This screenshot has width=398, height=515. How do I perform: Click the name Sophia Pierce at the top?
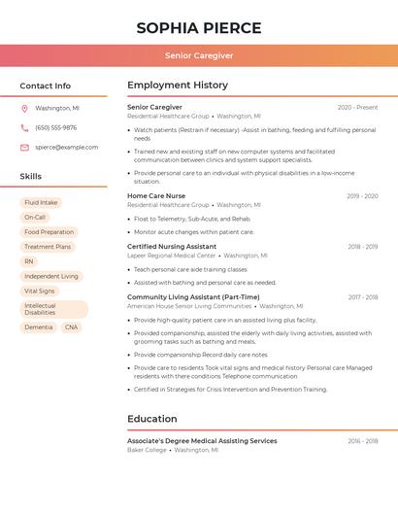[x=199, y=27]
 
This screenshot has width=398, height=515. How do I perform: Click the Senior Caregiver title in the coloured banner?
[x=199, y=55]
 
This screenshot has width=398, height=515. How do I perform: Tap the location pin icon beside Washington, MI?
[x=24, y=108]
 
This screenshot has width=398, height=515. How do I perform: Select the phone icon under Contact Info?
[x=24, y=127]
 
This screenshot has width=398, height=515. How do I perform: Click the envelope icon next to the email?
[x=24, y=147]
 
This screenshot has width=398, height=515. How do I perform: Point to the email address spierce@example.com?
[x=66, y=147]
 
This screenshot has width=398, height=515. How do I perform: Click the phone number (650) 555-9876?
[x=55, y=127]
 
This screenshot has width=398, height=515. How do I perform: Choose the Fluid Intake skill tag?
[x=41, y=202]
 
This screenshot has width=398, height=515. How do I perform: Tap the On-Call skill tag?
[x=35, y=217]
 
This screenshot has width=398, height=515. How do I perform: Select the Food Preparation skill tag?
[x=49, y=232]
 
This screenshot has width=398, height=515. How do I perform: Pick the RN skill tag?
[x=29, y=261]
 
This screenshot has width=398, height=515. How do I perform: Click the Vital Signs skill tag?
[x=40, y=291]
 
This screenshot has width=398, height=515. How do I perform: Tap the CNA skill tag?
[x=71, y=327]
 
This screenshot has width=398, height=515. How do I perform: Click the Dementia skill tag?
[x=39, y=327]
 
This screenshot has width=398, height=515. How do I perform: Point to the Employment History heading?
[x=178, y=86]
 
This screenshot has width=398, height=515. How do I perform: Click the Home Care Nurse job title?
[x=155, y=195]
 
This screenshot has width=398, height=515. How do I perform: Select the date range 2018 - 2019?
[x=362, y=247]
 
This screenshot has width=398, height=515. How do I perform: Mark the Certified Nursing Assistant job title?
[x=172, y=247]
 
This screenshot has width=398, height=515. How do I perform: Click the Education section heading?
[x=152, y=419]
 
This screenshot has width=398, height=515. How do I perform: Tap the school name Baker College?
[x=147, y=450]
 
